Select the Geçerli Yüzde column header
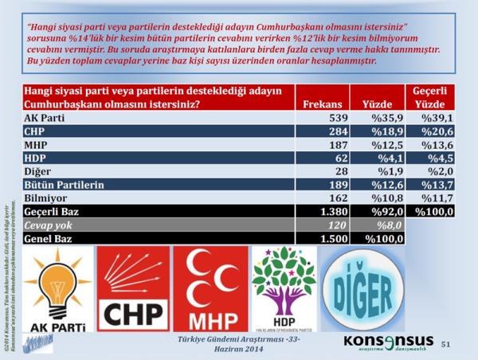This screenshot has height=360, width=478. click(428, 96)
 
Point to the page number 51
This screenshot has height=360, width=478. click(445, 343)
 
